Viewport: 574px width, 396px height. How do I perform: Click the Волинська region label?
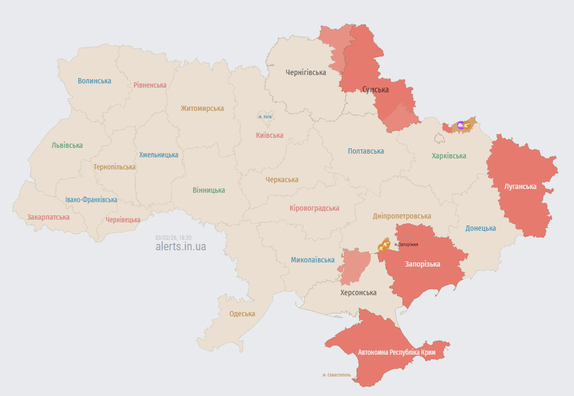pos(95,81)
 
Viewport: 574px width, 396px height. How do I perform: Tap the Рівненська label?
pos(150,85)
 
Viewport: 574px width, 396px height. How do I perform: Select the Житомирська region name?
pos(202,108)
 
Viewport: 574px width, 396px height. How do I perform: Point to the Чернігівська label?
pos(306,72)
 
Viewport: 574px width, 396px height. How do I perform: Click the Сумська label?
pos(375,90)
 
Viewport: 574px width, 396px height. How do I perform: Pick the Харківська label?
pos(449,156)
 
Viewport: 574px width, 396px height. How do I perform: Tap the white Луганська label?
pos(520,186)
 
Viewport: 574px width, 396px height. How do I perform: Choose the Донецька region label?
pos(481,228)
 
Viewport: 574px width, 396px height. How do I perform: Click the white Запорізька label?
pos(422,264)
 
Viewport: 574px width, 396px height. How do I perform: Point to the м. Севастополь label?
pos(336,375)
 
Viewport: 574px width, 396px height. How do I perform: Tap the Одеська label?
pos(242,314)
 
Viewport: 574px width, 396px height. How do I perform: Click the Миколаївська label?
pos(313,260)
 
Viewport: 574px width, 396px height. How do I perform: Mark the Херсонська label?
pos(359,293)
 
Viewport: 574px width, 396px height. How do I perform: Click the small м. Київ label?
pos(265,116)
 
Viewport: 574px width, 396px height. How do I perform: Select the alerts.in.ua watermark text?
pos(181,247)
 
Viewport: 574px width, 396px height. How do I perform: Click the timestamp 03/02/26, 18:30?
pos(173,238)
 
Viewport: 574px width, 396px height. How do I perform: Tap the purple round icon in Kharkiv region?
pos(460,125)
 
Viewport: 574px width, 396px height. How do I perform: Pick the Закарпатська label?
pos(49,217)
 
